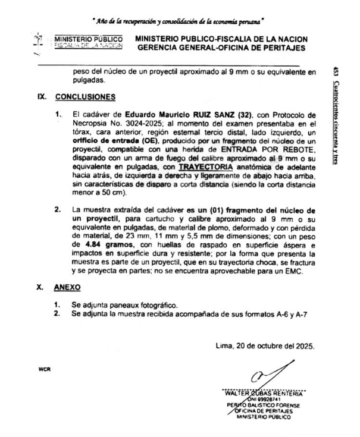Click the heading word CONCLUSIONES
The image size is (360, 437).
click(x=85, y=96)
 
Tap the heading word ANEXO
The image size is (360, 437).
click(x=67, y=287)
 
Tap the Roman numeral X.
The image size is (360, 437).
click(x=40, y=287)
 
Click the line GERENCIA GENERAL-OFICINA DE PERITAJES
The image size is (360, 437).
click(x=220, y=48)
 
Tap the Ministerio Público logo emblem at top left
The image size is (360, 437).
click(x=40, y=45)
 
